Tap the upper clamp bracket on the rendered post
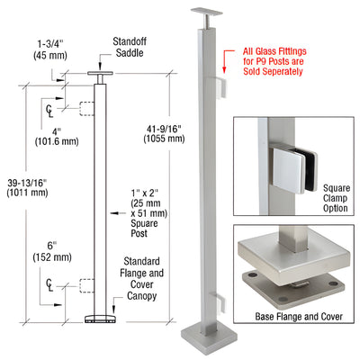point(220,83)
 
